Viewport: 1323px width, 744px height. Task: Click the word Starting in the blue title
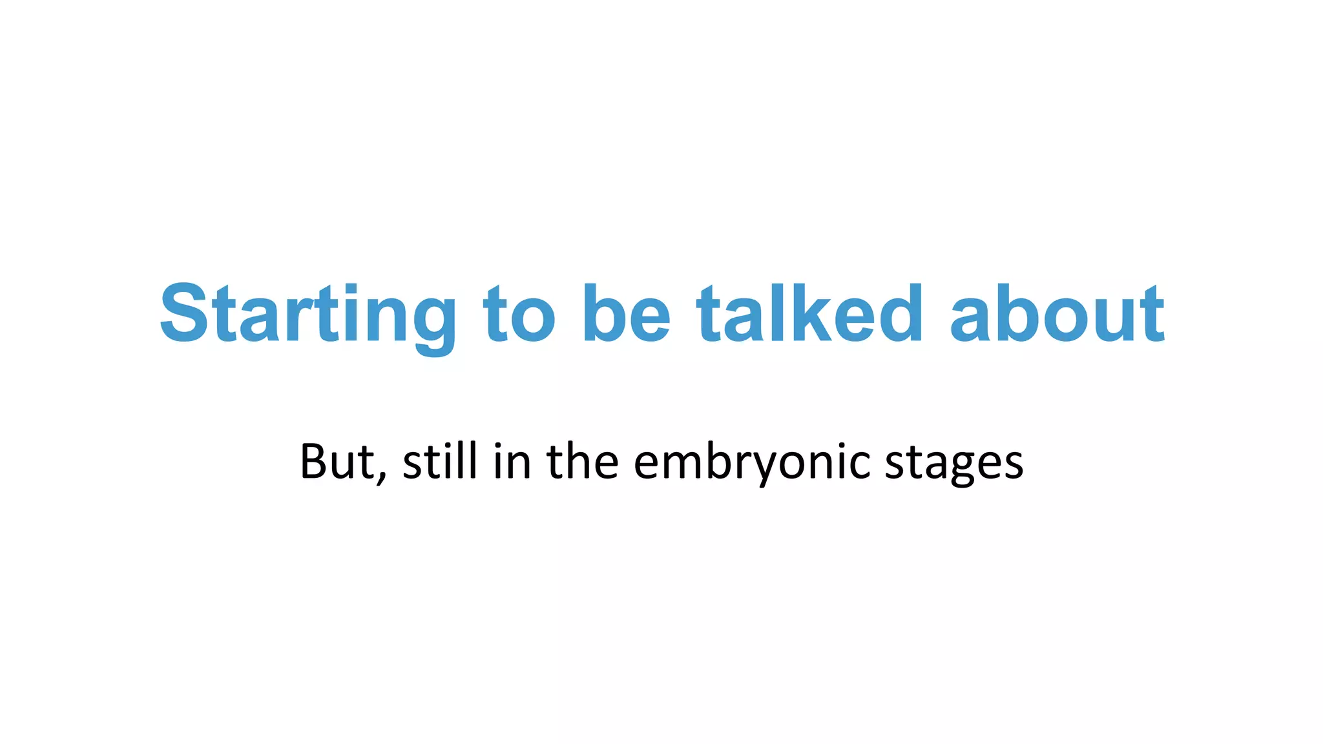pyautogui.click(x=307, y=315)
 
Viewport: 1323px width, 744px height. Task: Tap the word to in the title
pyautogui.click(x=519, y=315)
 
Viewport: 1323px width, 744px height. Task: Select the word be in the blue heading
pyautogui.click(x=626, y=315)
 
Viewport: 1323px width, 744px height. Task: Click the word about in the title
pyautogui.click(x=1057, y=315)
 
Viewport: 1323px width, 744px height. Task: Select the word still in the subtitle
pyautogui.click(x=440, y=462)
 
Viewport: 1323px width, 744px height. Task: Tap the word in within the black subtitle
pyautogui.click(x=512, y=462)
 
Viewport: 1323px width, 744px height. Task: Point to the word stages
pyautogui.click(x=953, y=462)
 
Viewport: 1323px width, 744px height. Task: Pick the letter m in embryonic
pyautogui.click(x=682, y=464)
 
